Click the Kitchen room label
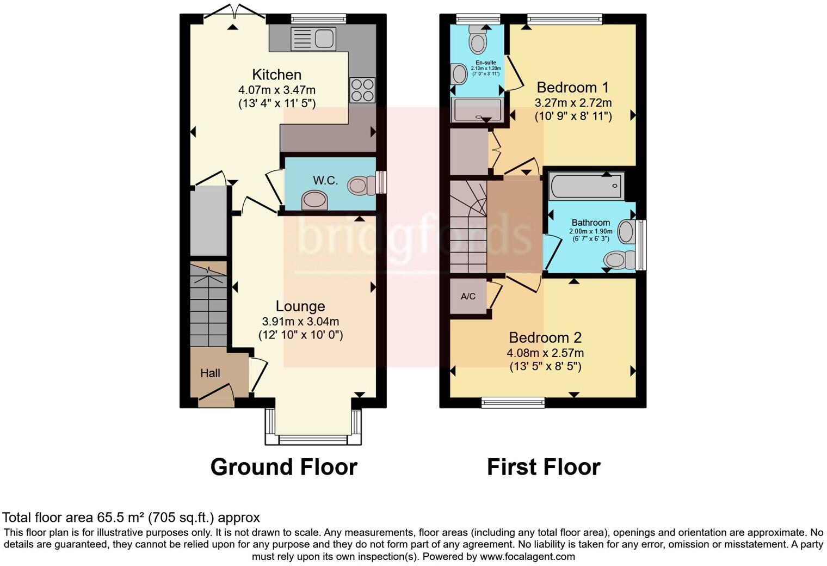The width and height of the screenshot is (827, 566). point(276,75)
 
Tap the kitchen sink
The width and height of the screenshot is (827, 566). point(313,39)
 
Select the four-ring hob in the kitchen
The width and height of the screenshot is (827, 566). point(362,90)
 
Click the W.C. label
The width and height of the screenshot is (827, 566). point(325,181)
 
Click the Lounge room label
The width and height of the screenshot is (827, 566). point(300,306)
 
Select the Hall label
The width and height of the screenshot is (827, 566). point(210,373)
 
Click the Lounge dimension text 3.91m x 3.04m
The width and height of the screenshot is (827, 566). point(300,322)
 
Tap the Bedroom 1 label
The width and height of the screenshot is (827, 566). point(572,87)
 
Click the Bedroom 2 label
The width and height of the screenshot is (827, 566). point(545,337)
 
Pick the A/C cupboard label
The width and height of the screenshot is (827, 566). point(468,297)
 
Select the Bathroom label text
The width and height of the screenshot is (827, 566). point(590,223)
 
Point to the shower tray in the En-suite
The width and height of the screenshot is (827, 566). point(477,109)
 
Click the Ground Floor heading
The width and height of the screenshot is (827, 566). point(283,467)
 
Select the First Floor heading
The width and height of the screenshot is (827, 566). point(544,467)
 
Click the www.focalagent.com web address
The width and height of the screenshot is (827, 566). point(527,557)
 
